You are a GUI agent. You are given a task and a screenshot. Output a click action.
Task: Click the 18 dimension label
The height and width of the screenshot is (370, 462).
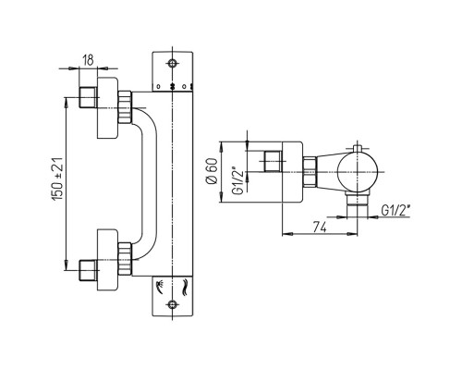pos(88,60)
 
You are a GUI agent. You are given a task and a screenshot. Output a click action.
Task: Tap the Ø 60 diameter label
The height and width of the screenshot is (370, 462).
pos(212,171)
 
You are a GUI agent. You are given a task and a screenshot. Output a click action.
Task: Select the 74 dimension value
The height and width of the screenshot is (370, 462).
pos(320,228)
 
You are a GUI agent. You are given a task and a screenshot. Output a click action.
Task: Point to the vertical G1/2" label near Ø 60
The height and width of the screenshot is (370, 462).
pos(238,181)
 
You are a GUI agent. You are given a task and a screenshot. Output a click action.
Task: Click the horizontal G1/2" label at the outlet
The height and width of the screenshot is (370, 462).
pos(395,211)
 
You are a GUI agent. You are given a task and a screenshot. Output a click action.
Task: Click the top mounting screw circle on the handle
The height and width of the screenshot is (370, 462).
pos(172,63)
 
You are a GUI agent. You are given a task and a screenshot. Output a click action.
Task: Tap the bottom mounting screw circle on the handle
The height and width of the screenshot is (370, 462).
pos(172,304)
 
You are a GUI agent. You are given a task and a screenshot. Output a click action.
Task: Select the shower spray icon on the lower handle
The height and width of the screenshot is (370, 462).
pos(161,287)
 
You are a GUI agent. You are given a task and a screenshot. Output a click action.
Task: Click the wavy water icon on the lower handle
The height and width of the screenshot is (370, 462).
pos(186,288)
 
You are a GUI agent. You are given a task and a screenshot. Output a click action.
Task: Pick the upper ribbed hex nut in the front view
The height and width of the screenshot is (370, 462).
pos(125,107)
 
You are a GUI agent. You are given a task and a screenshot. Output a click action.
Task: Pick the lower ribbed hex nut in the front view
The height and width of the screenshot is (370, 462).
pos(125,259)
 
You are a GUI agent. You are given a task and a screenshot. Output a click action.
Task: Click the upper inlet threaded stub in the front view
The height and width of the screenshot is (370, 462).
pos(88,97)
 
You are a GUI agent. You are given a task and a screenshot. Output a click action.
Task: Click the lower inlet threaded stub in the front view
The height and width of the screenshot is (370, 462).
pos(88,270)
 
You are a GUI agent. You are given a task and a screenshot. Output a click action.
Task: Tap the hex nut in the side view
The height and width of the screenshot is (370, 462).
pos(310,172)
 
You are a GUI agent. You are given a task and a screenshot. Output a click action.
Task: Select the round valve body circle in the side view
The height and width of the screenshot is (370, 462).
pos(358,172)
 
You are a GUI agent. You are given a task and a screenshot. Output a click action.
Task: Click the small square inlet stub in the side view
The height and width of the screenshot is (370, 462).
pos(273,161)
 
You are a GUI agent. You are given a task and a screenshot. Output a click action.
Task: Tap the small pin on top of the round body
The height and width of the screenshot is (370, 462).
pos(358,148)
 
